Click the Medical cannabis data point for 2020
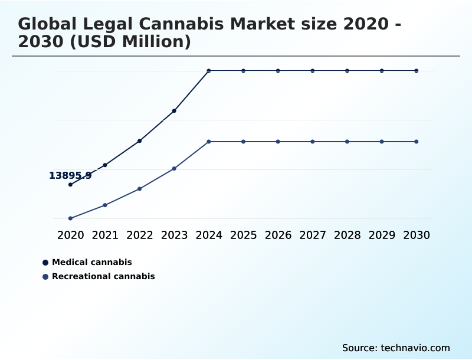70,185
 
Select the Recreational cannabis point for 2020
70,218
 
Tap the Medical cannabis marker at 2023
174,111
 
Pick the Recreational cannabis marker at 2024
209,142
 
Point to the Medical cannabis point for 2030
417,71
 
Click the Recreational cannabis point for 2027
313,142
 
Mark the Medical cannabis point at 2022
139,141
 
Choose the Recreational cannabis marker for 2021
105,205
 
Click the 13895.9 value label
70,175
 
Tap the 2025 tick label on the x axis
243,235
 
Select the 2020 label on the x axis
70,235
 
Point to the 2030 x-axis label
417,235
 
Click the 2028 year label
347,235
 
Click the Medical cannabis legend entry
91,262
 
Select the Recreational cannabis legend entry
103,276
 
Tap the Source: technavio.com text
396,348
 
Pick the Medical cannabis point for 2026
278,71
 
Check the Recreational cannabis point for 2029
382,142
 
